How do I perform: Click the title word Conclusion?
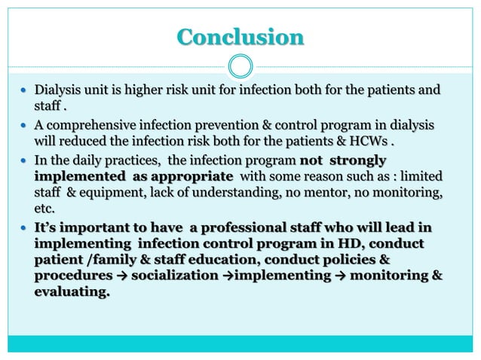(x=240, y=36)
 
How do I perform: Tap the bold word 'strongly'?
(x=359, y=160)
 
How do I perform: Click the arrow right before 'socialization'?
(x=122, y=277)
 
